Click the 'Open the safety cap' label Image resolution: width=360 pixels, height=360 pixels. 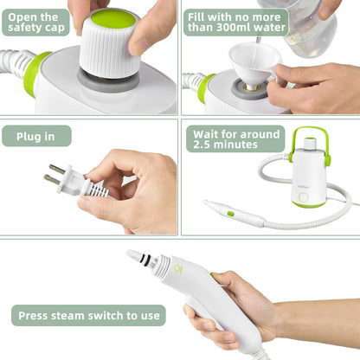tap(36, 22)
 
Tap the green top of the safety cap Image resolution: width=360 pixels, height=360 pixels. tap(113, 17)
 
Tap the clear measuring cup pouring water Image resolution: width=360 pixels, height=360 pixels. tap(303, 30)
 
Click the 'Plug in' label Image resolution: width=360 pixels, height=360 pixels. tap(36, 136)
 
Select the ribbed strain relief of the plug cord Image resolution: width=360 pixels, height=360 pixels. tap(98, 188)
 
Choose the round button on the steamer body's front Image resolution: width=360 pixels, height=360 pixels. tap(303, 200)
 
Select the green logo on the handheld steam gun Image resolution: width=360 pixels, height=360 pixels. tap(177, 267)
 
